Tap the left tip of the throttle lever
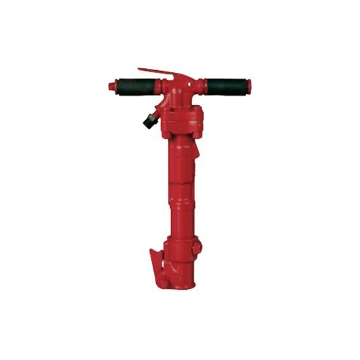(138, 68)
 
